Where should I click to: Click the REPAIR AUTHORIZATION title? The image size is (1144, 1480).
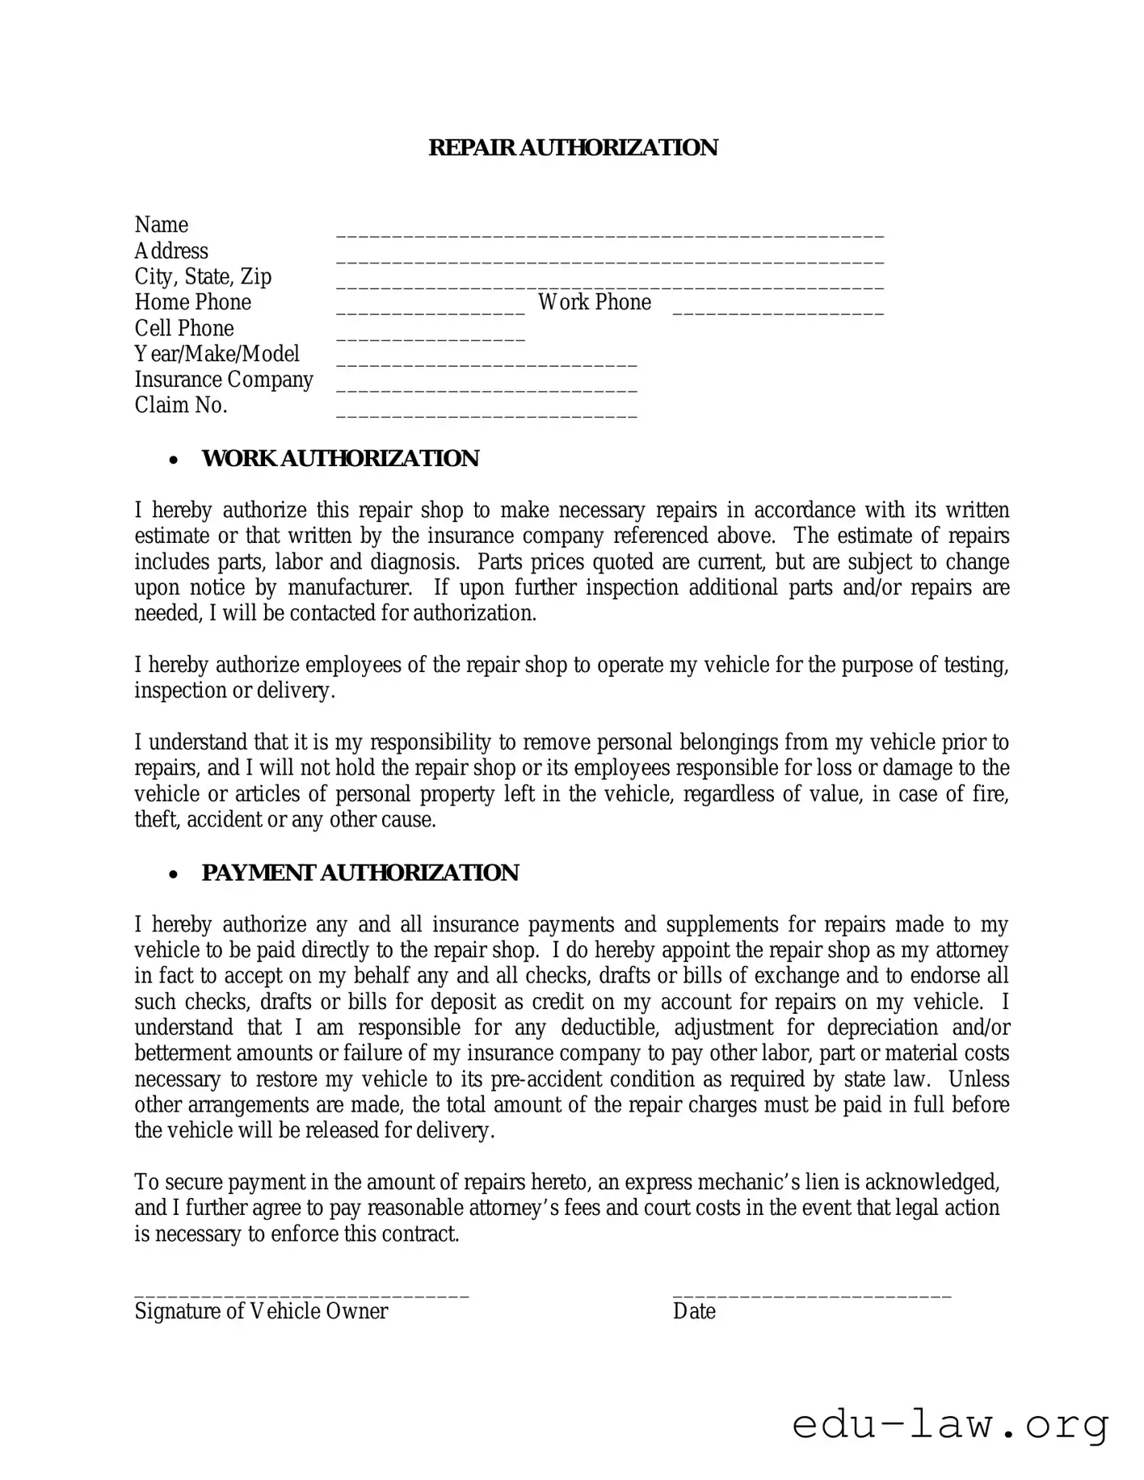pos(572,148)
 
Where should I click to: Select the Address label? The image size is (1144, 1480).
pos(171,250)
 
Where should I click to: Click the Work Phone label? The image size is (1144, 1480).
pos(595,302)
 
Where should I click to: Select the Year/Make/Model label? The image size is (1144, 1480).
pos(217,354)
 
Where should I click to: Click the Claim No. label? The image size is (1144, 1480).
pos(181,405)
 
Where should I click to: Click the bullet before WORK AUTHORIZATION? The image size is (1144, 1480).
pos(173,460)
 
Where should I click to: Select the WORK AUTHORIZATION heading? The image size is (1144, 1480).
pos(340,458)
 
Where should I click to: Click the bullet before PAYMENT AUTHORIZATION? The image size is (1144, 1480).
pos(173,874)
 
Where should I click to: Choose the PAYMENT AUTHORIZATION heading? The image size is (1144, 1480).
pos(360,872)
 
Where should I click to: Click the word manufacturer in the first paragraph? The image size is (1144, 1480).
pos(350,587)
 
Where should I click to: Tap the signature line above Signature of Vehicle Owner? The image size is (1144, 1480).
pos(301,1295)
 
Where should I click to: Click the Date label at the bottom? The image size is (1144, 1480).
pos(694,1311)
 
